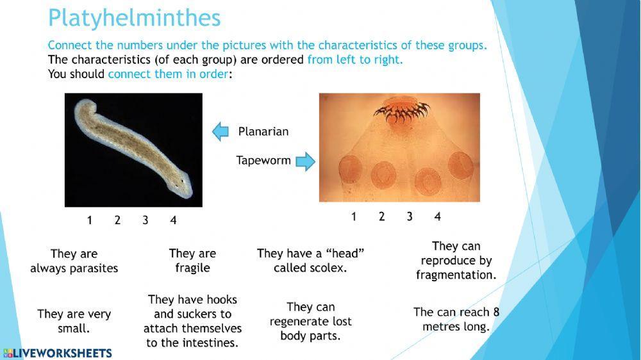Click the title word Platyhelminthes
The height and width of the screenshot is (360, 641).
[x=134, y=18]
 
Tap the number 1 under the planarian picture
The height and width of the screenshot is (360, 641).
[x=90, y=220]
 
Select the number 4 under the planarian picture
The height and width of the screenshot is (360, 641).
[x=173, y=220]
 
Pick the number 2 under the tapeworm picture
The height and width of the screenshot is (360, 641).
[x=381, y=217]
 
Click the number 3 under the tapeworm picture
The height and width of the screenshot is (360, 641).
[x=410, y=217]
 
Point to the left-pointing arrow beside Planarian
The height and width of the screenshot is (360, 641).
[x=221, y=131]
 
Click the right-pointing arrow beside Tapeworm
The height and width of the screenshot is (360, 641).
[x=306, y=161]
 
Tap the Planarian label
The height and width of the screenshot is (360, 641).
[x=263, y=131]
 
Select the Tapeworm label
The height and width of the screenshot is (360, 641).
[x=263, y=160]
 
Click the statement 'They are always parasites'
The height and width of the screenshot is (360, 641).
[x=74, y=261]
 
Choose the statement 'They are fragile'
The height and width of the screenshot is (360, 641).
[x=192, y=261]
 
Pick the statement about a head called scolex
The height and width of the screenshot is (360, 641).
[x=311, y=261]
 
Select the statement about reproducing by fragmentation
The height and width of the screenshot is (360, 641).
[x=456, y=260]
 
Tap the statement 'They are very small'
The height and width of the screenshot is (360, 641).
[x=74, y=321]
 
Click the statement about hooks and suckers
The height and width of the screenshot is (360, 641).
[x=192, y=321]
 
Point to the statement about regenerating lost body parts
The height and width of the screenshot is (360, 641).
[x=311, y=321]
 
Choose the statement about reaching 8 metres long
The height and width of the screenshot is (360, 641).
[x=456, y=319]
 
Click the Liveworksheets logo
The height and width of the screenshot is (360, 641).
[x=58, y=353]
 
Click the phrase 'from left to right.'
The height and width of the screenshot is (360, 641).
[x=355, y=60]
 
